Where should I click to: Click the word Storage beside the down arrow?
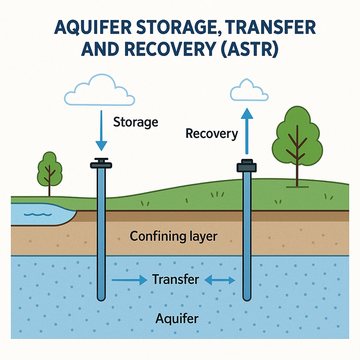coord(135,122)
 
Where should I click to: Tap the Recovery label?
coord(211,134)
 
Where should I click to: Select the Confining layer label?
coord(173,237)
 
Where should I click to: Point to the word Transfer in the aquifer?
coord(175,280)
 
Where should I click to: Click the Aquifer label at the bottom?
coord(176,319)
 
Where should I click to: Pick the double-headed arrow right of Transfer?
coord(220,280)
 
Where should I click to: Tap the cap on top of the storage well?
coord(101,164)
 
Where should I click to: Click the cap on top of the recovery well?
coord(246,166)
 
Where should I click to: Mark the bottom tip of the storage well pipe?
coord(101,298)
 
